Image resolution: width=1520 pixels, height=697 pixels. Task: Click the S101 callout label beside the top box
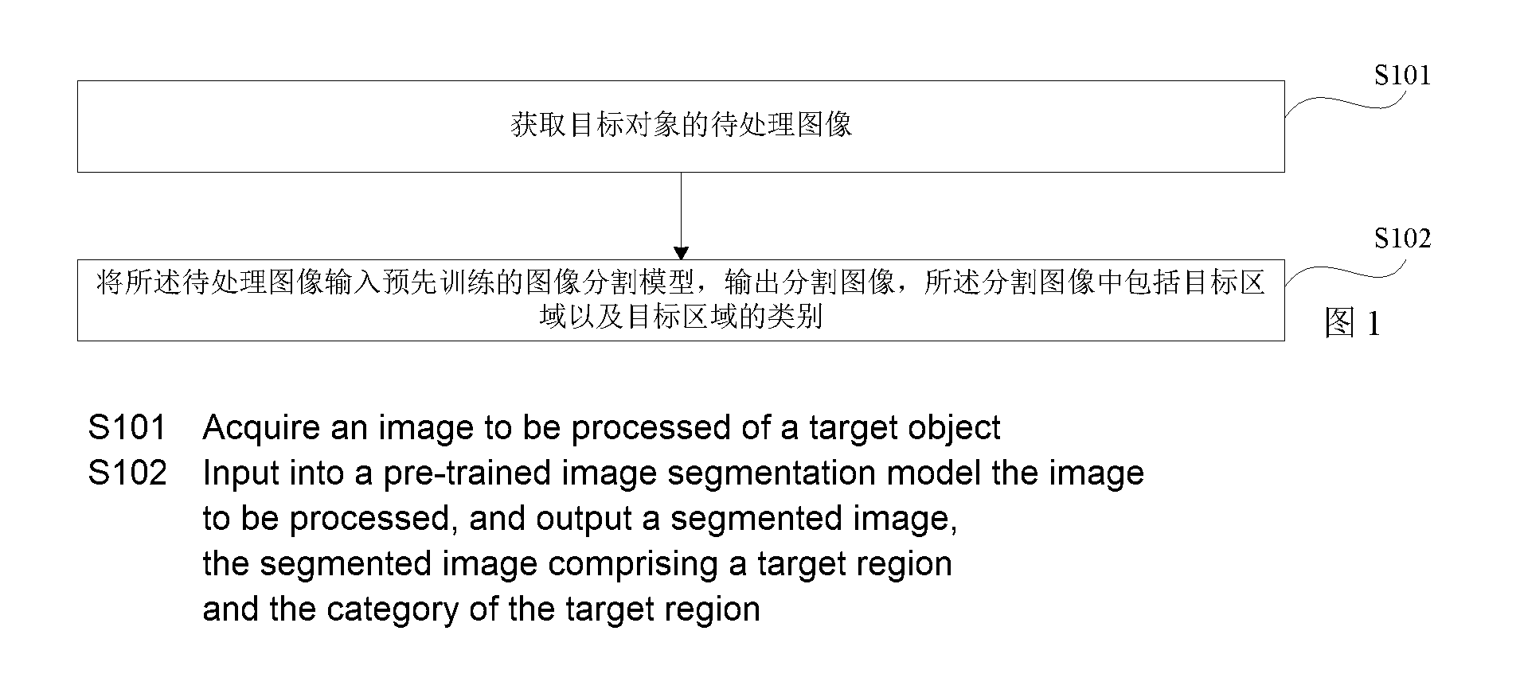1402,76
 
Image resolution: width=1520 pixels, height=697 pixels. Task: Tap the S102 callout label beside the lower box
1402,239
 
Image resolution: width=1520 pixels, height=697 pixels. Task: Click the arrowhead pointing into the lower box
681,253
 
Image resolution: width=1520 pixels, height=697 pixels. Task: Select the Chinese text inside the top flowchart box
681,125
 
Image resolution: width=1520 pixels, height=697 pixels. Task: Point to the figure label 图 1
1352,323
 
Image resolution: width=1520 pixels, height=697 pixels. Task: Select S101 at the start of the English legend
127,428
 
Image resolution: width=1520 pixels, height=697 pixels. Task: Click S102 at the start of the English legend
127,473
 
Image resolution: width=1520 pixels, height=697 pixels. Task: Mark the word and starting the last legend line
230,610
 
